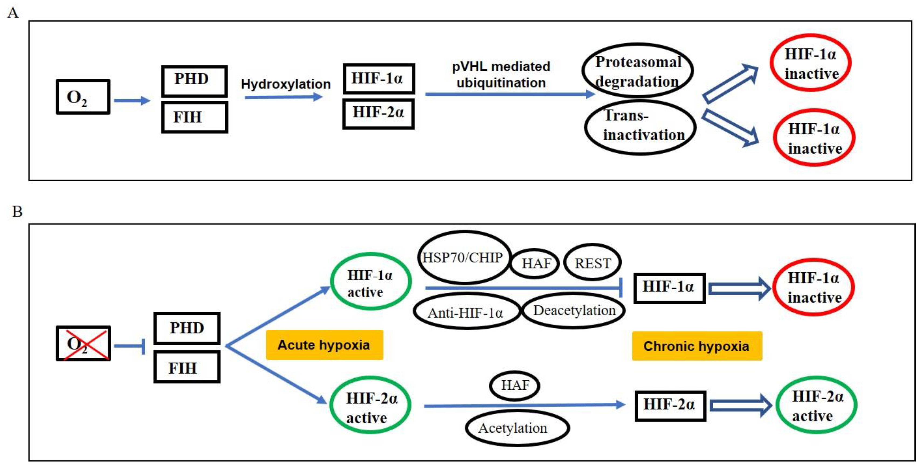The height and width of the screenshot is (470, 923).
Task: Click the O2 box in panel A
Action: pyautogui.click(x=83, y=97)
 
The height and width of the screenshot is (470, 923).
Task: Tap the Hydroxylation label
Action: pyautogui.click(x=285, y=84)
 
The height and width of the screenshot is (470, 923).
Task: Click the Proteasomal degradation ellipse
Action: pyautogui.click(x=638, y=71)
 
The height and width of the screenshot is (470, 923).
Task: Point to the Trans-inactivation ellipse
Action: pyautogui.click(x=640, y=127)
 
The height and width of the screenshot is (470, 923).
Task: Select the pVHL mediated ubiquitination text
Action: pyautogui.click(x=501, y=74)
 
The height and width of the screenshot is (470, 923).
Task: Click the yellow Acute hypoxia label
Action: pyautogui.click(x=324, y=345)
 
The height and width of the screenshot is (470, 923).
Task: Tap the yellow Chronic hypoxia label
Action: pyautogui.click(x=697, y=346)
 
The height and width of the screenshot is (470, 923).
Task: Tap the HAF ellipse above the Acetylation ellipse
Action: pyautogui.click(x=515, y=385)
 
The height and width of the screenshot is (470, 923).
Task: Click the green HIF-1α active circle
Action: pyautogui.click(x=370, y=282)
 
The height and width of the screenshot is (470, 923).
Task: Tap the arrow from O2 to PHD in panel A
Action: pyautogui.click(x=132, y=100)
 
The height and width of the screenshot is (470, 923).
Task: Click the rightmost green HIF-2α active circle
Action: pyautogui.click(x=816, y=405)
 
